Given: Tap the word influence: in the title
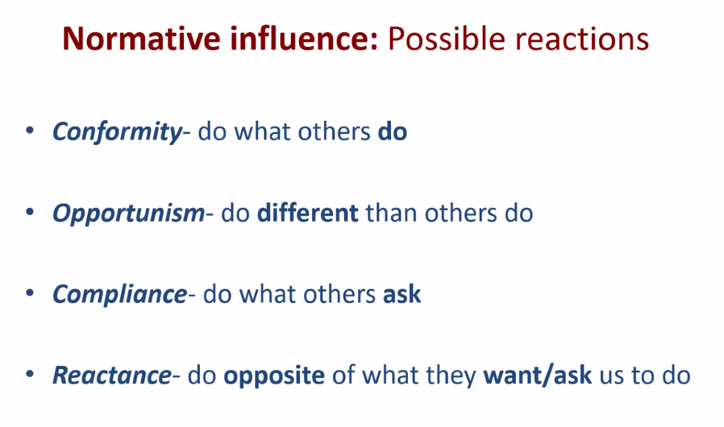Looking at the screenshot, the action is [304, 38].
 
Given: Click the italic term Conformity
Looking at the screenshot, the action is [117, 132].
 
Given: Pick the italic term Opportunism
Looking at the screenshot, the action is [129, 214].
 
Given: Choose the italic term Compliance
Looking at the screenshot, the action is [120, 294].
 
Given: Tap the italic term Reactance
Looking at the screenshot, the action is [112, 376].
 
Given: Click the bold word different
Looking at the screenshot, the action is [308, 213].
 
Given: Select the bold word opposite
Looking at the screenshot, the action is [274, 376].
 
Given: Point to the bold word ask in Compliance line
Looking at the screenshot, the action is [402, 294].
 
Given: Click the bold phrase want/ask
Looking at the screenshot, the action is [538, 375].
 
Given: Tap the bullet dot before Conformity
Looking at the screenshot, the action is [30, 130].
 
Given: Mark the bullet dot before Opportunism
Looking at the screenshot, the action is [30, 212].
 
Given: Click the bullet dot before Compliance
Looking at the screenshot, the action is [30, 293].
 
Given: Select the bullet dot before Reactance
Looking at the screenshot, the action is [30, 374].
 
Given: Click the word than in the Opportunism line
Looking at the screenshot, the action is [392, 213].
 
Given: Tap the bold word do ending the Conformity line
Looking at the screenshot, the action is [392, 132].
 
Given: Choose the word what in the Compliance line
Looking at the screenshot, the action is [267, 294].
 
